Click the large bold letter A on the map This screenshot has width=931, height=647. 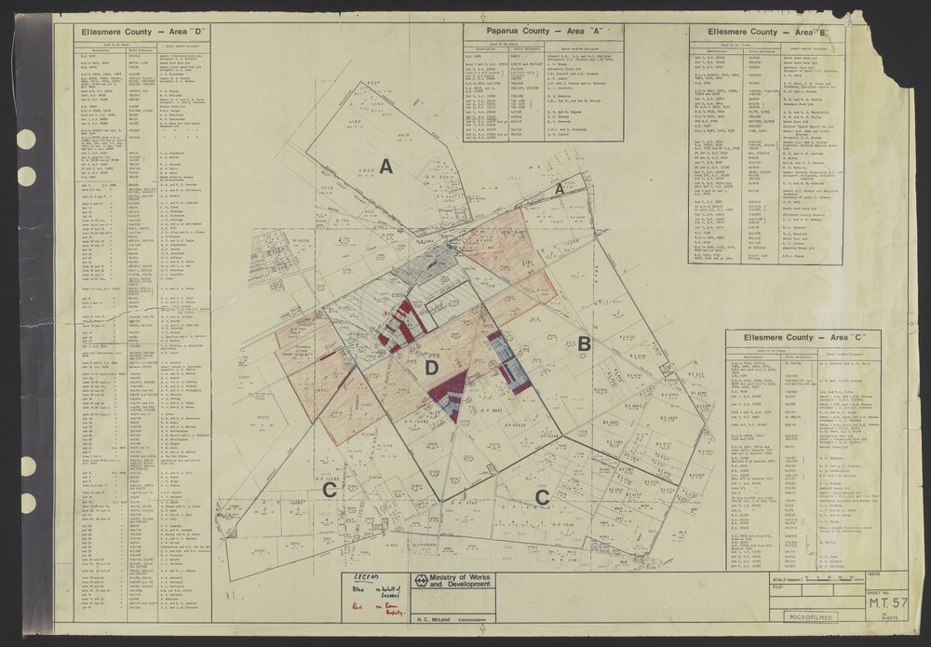[385, 167]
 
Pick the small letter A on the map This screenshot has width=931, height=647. [560, 189]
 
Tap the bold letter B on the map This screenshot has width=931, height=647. [584, 344]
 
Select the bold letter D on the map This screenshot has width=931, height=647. [431, 369]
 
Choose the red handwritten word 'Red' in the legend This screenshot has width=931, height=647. [355, 603]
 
